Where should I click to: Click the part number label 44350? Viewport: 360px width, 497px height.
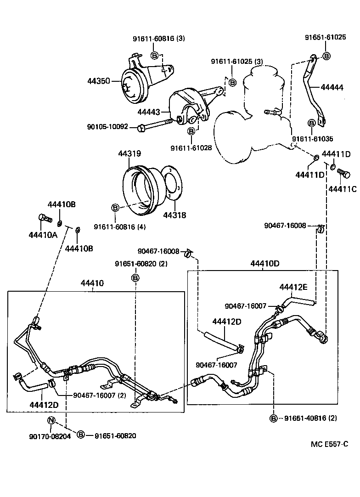(99, 81)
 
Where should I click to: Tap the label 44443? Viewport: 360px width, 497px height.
(149, 112)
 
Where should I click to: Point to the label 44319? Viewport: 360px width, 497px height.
(129, 154)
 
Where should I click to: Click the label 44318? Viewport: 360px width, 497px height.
(174, 215)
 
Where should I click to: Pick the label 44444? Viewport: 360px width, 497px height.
(332, 86)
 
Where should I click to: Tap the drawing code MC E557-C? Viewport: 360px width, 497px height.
(329, 444)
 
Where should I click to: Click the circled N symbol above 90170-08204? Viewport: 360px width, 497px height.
(51, 420)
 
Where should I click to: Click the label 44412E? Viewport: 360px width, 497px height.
(293, 287)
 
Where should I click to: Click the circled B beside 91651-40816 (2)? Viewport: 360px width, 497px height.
(274, 418)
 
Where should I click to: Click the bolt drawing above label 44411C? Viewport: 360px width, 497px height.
(343, 174)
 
